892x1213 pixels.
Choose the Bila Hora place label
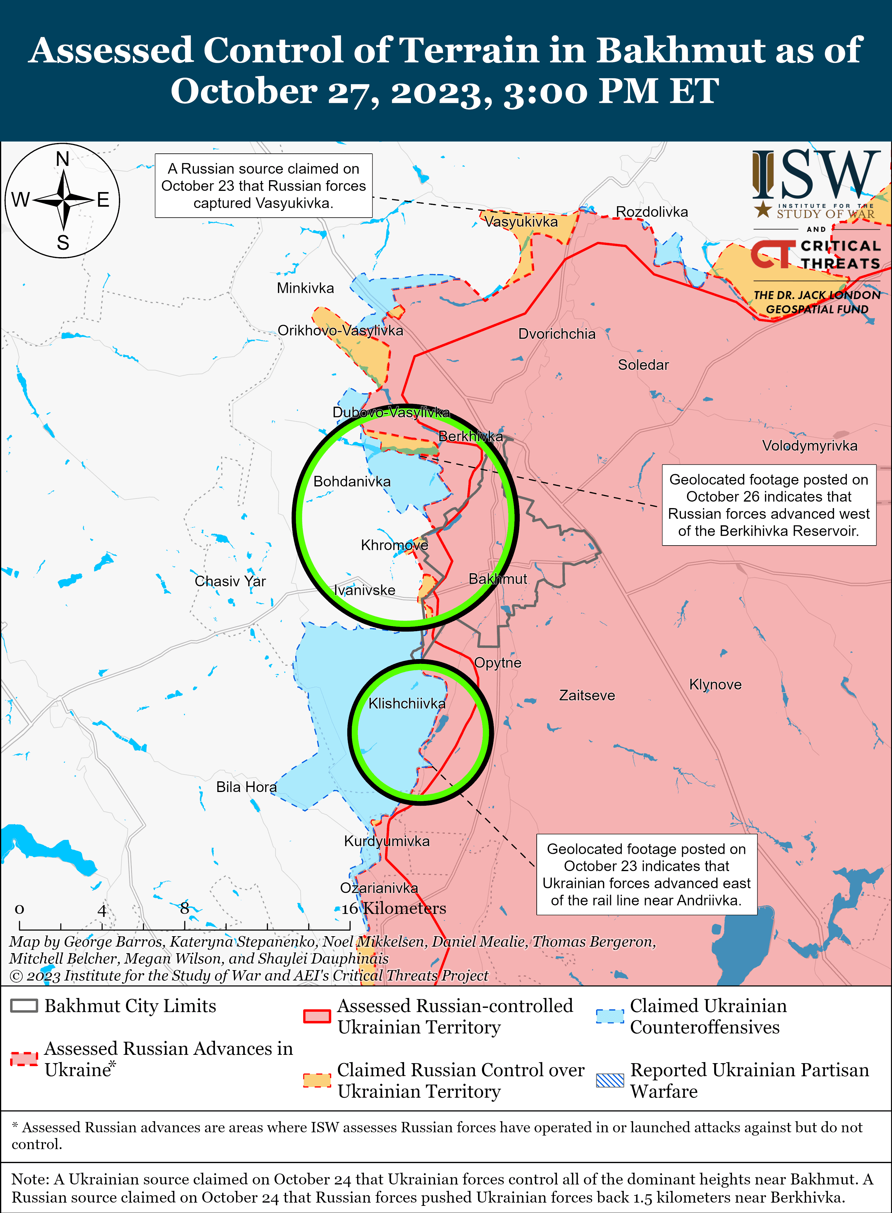tap(246, 787)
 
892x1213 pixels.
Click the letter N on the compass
tap(63, 159)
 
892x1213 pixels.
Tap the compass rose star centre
tap(64, 200)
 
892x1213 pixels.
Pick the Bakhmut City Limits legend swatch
tap(24, 1005)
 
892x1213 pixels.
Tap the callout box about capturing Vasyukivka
tap(263, 186)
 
